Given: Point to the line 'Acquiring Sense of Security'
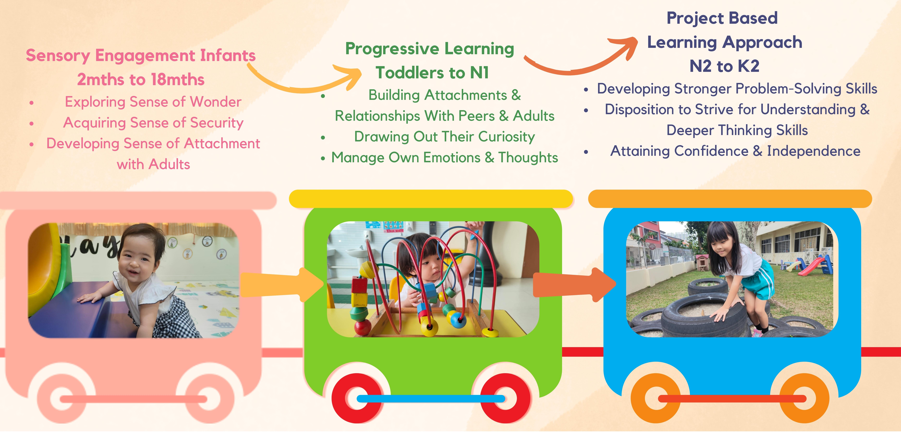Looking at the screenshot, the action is (153, 123).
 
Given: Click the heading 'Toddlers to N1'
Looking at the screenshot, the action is (432, 73).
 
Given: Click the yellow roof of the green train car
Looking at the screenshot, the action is (431, 199).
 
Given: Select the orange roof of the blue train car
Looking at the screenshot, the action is (730, 199).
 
